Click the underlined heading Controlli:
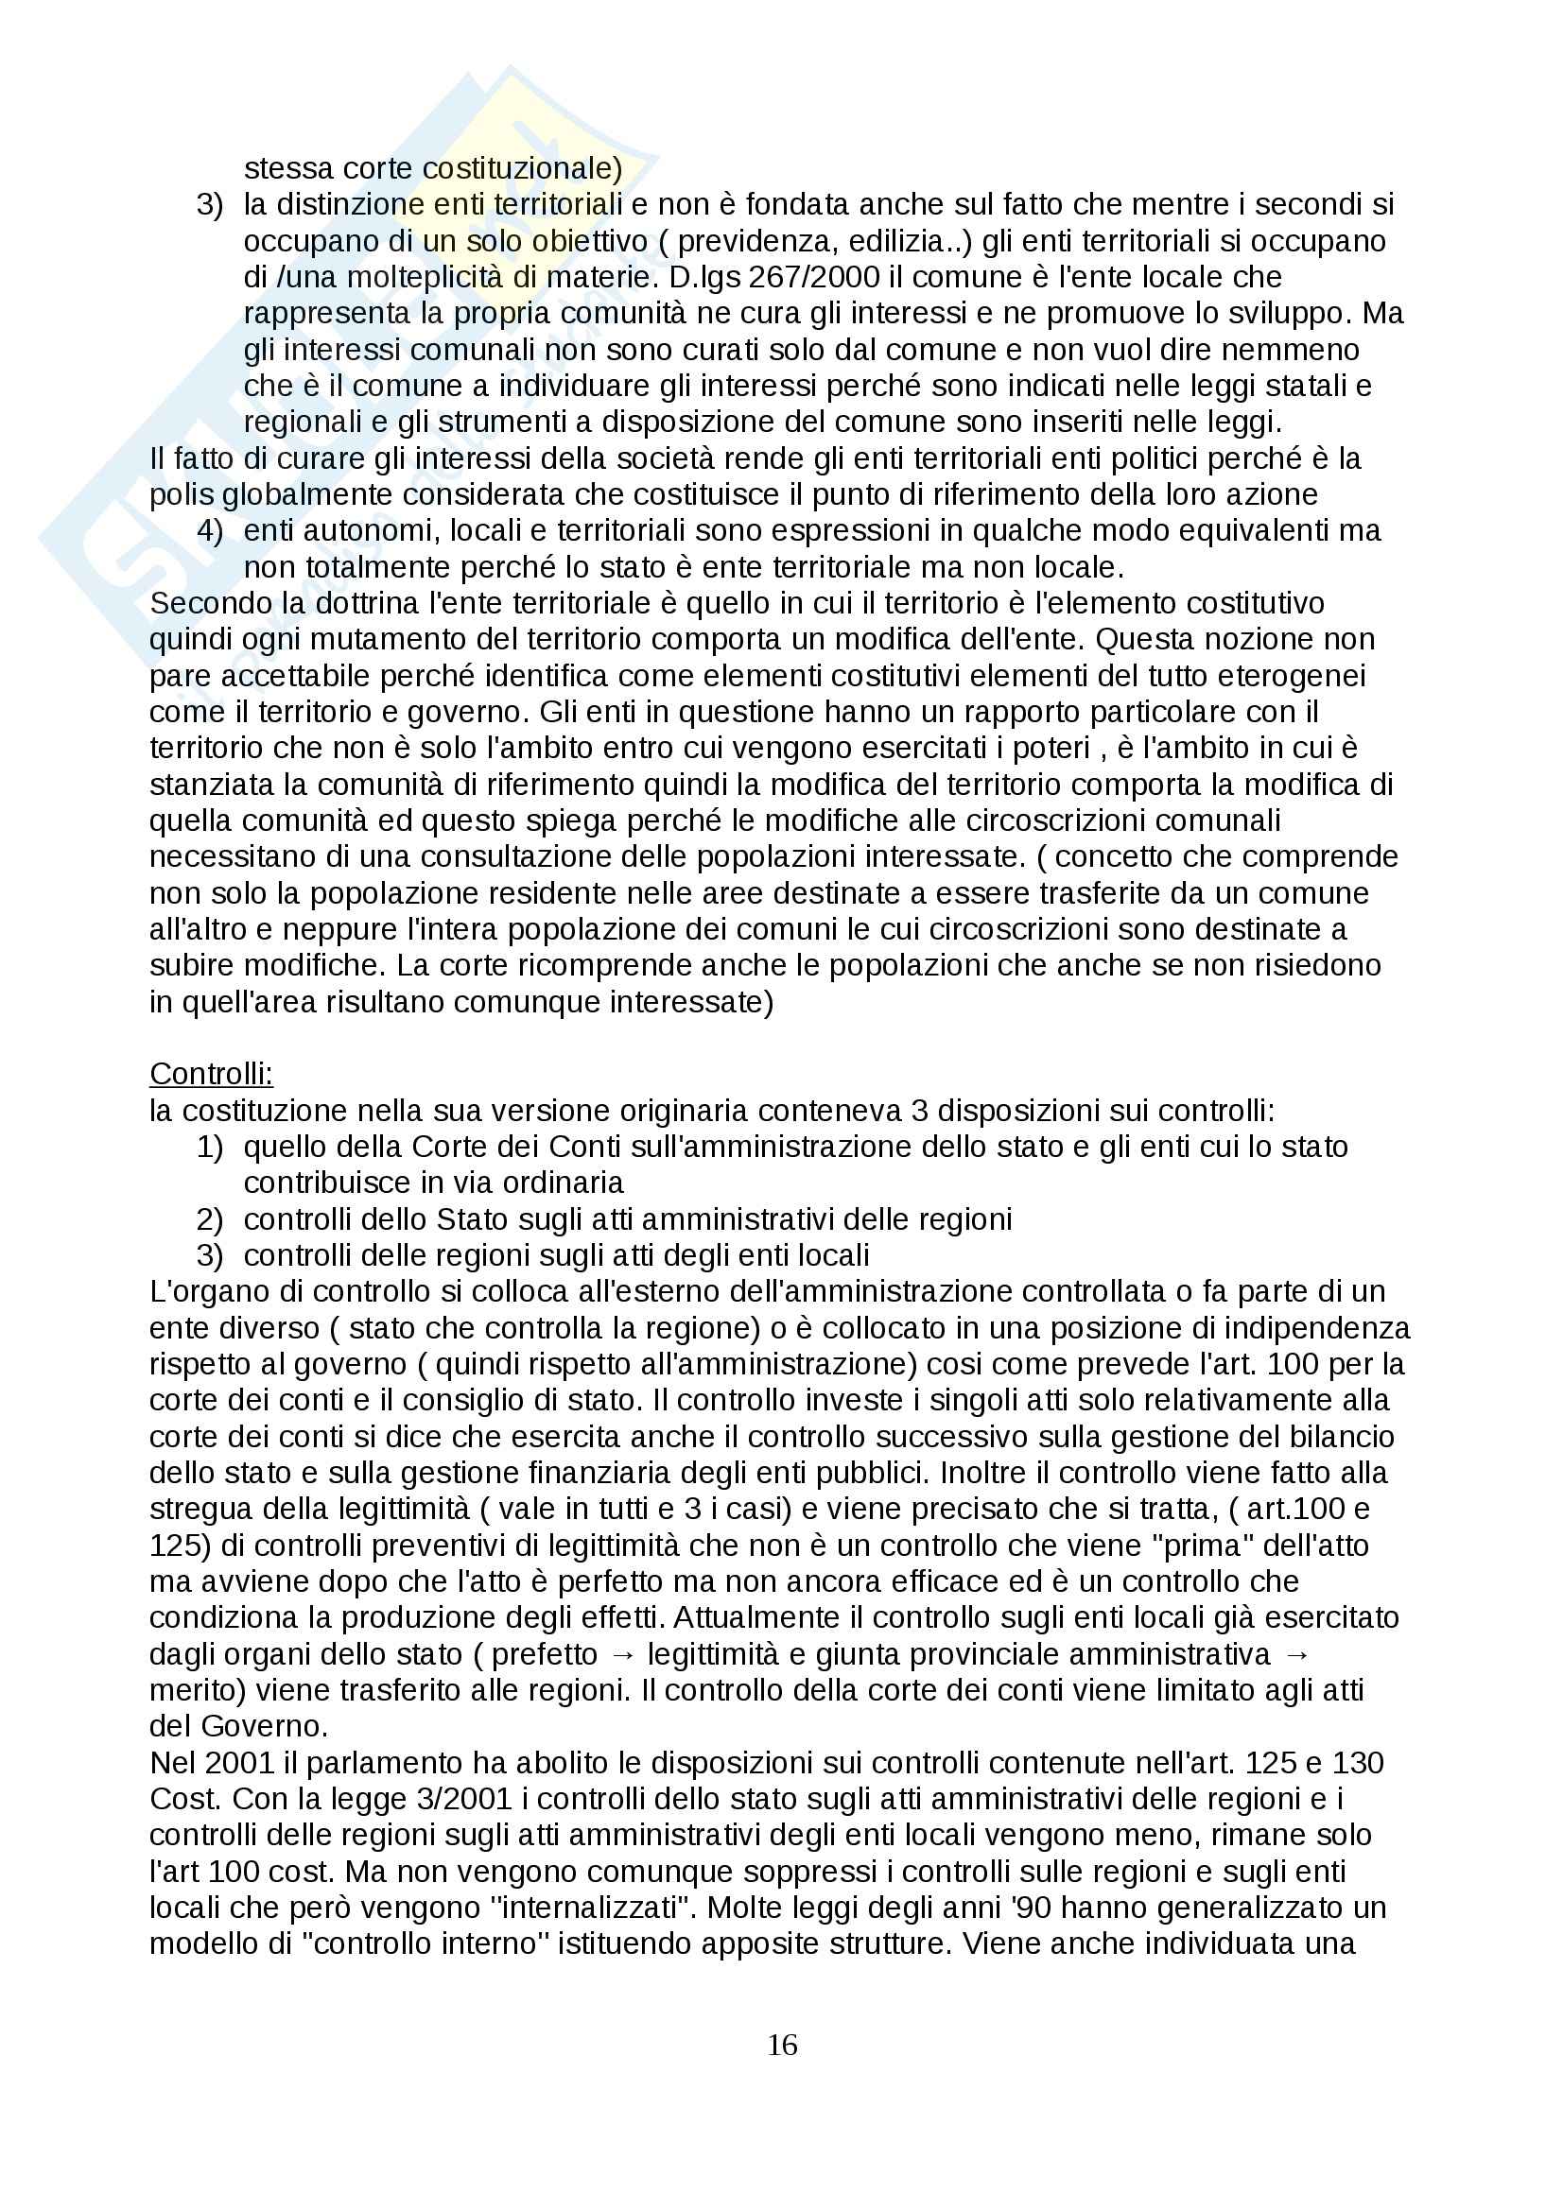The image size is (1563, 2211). [x=212, y=1074]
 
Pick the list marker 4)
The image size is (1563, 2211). [x=210, y=530]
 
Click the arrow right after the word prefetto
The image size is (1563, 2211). [x=623, y=1654]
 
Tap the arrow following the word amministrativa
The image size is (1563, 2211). [x=1297, y=1654]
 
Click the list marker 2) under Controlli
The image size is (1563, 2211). [x=210, y=1219]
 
